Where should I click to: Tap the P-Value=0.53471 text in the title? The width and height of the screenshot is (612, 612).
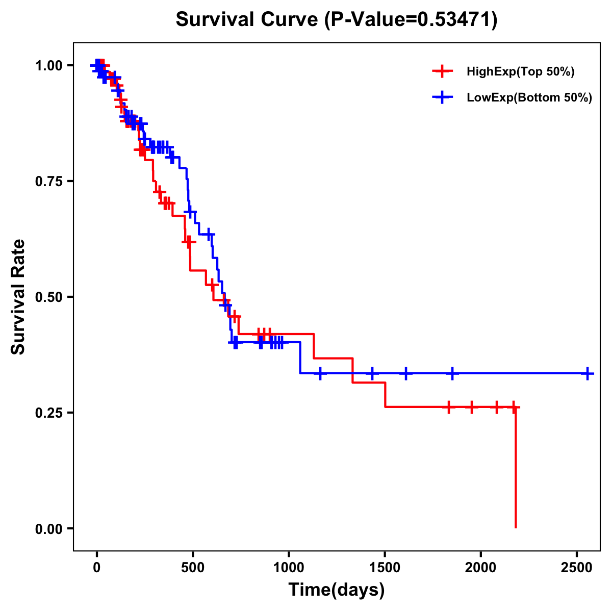coord(411,20)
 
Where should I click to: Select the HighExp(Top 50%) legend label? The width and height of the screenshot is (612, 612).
coord(520,72)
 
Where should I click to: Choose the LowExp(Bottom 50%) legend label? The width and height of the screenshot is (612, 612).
coord(529,98)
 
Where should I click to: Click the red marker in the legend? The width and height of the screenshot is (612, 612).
coord(443,72)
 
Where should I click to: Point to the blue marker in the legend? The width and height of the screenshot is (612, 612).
coord(443,97)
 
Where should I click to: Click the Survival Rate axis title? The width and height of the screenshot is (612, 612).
coord(18,297)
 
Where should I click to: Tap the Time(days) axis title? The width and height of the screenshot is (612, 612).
coord(337,590)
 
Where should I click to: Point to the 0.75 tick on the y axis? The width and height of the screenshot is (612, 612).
coord(48,181)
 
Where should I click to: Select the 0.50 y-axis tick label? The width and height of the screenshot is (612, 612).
coord(48,297)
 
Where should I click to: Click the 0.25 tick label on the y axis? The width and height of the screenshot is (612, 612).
coord(48,413)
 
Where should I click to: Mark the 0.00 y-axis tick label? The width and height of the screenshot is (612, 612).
coord(48,528)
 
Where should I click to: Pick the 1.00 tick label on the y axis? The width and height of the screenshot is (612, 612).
coord(48,65)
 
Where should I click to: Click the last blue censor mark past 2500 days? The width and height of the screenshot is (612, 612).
coord(588,373)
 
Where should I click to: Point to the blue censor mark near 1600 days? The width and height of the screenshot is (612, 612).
coord(406,373)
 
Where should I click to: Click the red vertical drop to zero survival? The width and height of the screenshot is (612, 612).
coord(516,469)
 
